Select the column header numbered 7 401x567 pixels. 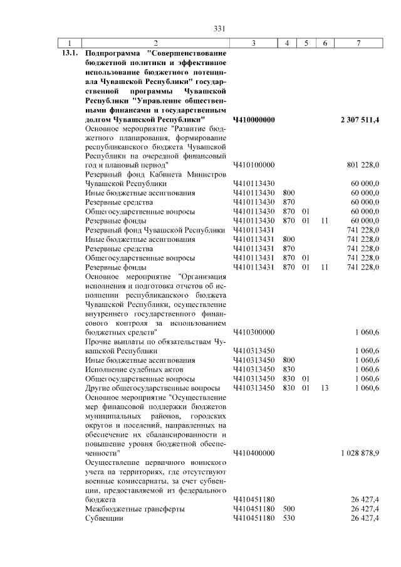(357, 43)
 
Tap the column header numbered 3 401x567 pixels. (253, 43)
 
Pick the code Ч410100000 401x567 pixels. (254, 165)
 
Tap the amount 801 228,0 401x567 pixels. (363, 165)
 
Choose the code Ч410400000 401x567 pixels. (254, 452)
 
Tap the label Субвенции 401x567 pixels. (104, 519)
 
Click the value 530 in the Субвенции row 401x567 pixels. (289, 519)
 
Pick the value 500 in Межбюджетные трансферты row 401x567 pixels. (289, 509)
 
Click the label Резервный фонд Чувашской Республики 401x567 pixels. (155, 230)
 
